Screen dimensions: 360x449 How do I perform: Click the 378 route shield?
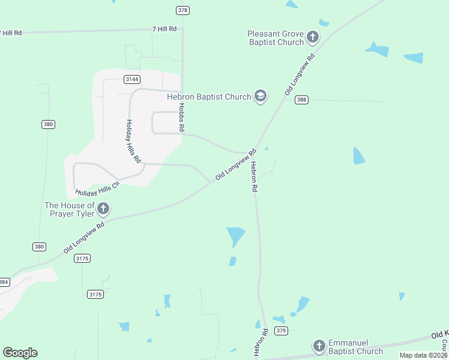183,10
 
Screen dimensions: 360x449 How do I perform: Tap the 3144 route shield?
132,79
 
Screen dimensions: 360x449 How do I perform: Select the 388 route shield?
301,100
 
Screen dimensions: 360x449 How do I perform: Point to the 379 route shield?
281,331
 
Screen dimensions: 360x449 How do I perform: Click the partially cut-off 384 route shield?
4,282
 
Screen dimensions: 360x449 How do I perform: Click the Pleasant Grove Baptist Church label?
275,38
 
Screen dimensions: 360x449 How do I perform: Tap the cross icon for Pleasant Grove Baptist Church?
312,37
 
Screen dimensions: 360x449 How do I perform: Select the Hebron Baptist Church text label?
208,97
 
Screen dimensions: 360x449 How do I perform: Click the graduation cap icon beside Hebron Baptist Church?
260,96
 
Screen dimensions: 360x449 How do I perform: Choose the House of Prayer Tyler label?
69,209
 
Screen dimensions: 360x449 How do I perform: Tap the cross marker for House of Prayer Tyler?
103,209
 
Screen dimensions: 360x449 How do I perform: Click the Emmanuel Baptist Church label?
355,346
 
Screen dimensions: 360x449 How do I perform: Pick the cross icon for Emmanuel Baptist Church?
319,346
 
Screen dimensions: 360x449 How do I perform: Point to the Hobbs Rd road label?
181,118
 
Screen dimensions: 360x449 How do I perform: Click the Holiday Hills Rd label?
133,142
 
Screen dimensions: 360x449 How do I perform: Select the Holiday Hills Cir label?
97,188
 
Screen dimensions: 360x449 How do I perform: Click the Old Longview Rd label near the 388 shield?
300,75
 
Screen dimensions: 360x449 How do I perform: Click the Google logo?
20,353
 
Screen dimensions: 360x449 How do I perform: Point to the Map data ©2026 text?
423,355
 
